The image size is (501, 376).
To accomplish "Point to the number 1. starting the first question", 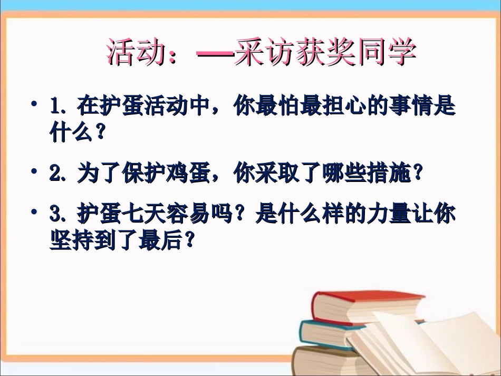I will (x=59, y=107).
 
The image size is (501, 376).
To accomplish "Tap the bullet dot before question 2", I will (x=34, y=172).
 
